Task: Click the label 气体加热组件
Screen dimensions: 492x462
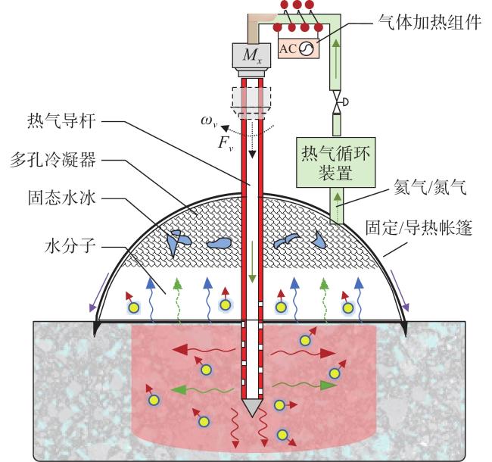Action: (430, 22)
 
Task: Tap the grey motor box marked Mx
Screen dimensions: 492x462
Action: (251, 55)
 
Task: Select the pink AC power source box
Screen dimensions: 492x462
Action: (298, 48)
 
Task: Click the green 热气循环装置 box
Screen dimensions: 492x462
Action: (336, 162)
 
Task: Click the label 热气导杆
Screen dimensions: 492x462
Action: (61, 121)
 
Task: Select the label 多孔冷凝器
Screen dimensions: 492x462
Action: (53, 161)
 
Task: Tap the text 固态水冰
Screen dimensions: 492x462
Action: (61, 198)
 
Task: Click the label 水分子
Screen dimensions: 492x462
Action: (70, 246)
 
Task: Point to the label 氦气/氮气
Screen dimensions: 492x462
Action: (430, 187)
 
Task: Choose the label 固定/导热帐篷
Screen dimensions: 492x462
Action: (419, 227)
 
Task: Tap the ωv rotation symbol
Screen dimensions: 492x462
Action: (209, 121)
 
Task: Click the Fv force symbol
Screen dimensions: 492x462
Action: (226, 143)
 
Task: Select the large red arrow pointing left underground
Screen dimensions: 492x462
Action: (204, 349)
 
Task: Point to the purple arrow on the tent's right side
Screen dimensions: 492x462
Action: (400, 290)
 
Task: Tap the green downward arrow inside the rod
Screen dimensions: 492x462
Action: (252, 261)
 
